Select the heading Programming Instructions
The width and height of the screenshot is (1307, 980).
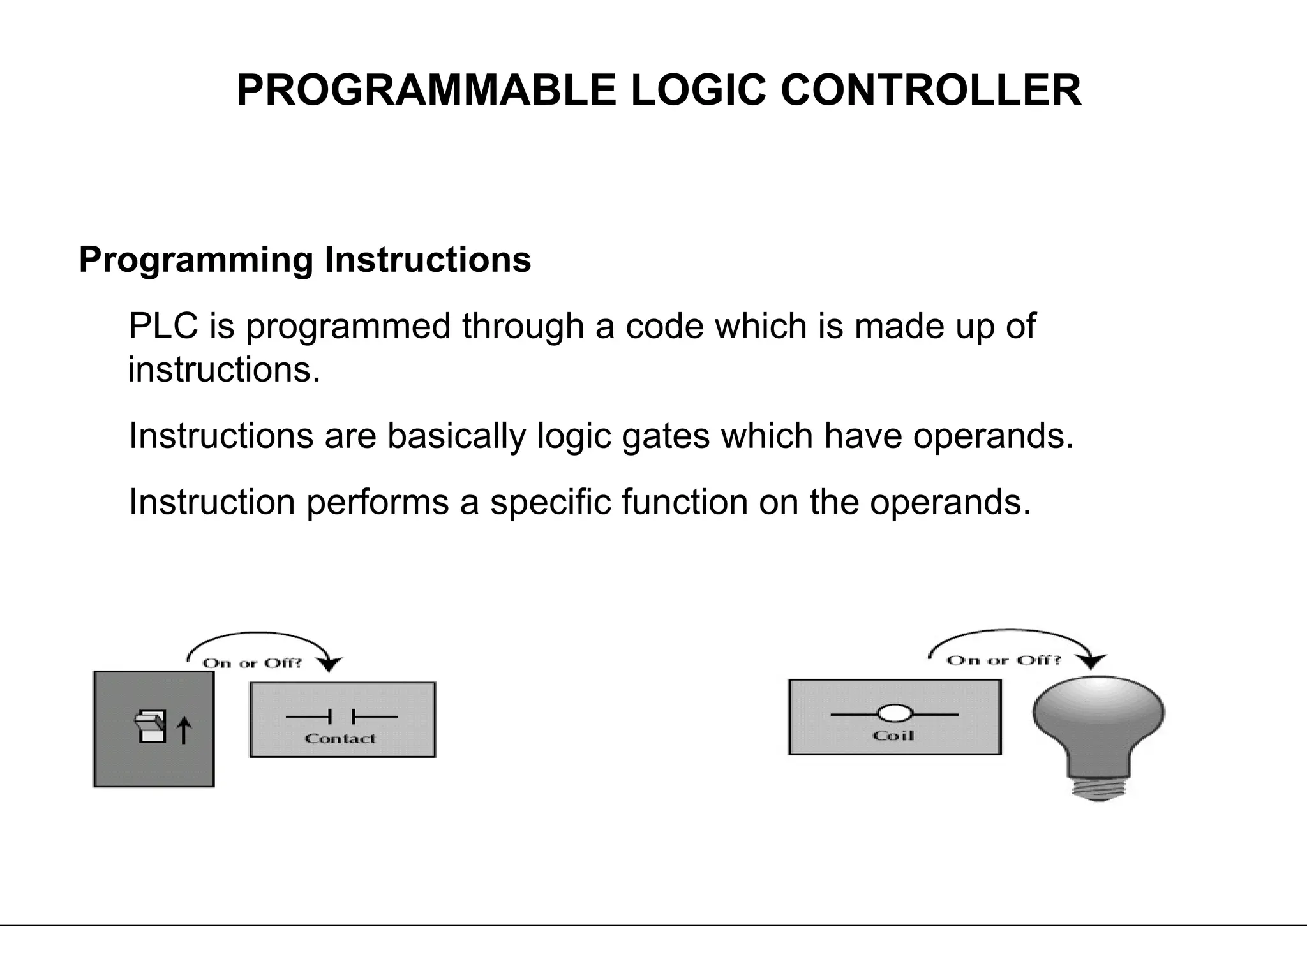coord(304,260)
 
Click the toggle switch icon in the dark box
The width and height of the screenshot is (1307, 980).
coord(151,727)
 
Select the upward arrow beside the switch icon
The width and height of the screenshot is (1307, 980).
coord(184,730)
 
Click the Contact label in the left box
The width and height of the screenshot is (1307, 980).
coord(340,739)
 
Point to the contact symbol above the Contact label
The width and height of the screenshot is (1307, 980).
coord(341,717)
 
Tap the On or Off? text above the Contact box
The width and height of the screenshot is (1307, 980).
coord(252,663)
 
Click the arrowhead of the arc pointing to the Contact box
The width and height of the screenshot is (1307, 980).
coord(329,665)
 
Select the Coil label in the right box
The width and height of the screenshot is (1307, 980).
coord(893,736)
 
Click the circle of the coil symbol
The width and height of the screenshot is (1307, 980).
coord(895,714)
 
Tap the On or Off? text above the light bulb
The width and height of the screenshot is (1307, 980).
coord(1003,660)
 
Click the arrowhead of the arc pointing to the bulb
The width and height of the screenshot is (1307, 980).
coord(1093,662)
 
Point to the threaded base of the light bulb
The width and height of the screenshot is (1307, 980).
coord(1098,787)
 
